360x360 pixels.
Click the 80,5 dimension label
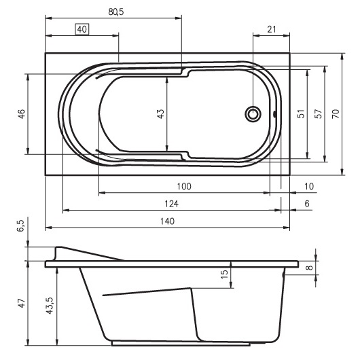pos(116,12)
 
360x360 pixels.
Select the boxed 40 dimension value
pos(82,29)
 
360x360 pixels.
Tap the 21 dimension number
pos(272,29)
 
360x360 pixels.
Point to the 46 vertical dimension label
pos(22,114)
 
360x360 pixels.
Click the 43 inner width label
pos(161,113)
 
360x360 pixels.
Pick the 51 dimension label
pos(301,114)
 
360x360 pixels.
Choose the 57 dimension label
pos(318,114)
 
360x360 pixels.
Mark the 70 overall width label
pos(336,114)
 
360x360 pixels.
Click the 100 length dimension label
pos(184,186)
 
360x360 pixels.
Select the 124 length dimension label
pos(171,204)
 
